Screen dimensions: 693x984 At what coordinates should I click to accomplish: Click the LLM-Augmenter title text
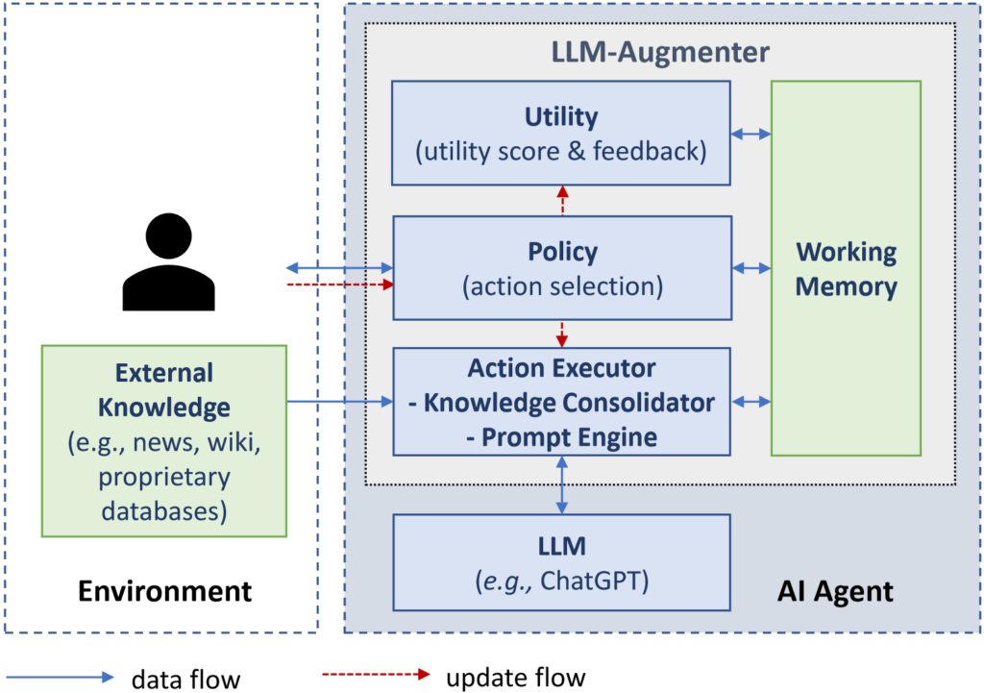(660, 51)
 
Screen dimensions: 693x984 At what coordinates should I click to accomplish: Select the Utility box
(561, 133)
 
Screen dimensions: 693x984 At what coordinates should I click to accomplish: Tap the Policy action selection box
(561, 268)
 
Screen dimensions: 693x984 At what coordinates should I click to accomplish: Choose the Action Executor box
(561, 402)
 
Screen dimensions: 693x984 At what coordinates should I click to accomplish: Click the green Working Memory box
(846, 268)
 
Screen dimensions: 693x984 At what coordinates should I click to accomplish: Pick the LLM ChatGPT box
(561, 562)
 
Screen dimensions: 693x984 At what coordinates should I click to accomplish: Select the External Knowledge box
(164, 440)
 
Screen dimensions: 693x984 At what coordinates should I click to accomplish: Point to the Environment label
(164, 590)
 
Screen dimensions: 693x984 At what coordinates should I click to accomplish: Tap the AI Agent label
(834, 590)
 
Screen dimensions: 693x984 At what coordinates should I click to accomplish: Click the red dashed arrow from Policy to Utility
(562, 200)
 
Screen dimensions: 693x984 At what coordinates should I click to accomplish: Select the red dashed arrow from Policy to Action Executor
(562, 334)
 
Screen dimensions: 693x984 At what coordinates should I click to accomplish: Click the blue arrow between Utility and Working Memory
(750, 135)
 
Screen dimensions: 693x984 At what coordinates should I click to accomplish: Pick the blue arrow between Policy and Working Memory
(750, 267)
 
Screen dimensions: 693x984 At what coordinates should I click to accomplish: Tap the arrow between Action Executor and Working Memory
(750, 401)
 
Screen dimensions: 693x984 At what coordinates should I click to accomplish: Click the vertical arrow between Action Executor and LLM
(562, 484)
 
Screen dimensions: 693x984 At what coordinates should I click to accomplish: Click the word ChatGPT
(592, 580)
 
